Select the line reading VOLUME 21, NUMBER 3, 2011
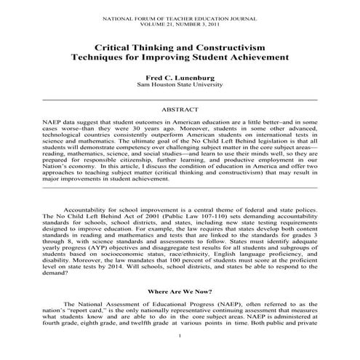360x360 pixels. (180, 18)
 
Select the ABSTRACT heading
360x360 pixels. (180, 108)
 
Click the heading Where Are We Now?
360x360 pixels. (180, 290)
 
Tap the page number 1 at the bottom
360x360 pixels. (180, 353)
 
